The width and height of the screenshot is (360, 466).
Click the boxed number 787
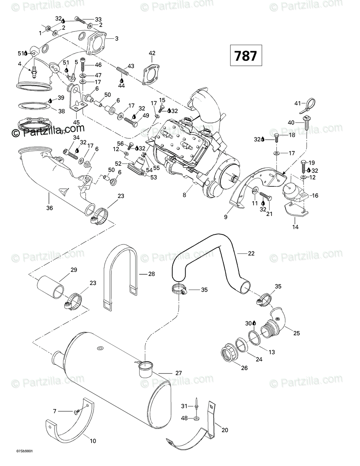(x=246, y=55)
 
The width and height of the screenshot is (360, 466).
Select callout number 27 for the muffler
(x=179, y=373)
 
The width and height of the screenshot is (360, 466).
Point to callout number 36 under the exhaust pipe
(x=49, y=209)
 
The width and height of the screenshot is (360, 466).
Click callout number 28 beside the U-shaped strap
(x=151, y=274)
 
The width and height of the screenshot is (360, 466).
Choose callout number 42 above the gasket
(x=152, y=53)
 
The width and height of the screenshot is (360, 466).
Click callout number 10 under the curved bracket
(x=93, y=441)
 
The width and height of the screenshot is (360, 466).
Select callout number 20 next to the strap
(x=225, y=430)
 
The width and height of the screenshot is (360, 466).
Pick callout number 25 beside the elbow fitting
(x=296, y=333)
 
